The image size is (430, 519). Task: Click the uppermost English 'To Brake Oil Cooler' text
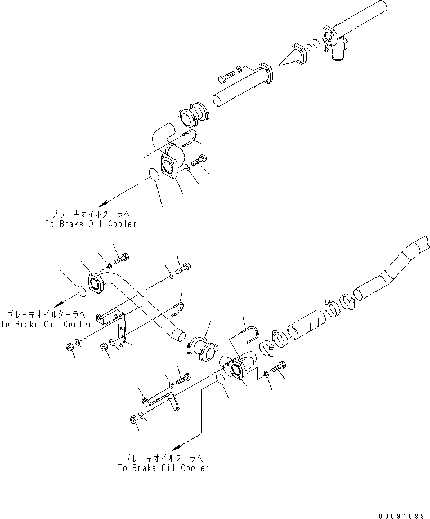[x=90, y=224]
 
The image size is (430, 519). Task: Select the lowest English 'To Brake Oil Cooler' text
[x=163, y=468]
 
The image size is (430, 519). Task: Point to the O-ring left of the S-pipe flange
[x=81, y=290]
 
